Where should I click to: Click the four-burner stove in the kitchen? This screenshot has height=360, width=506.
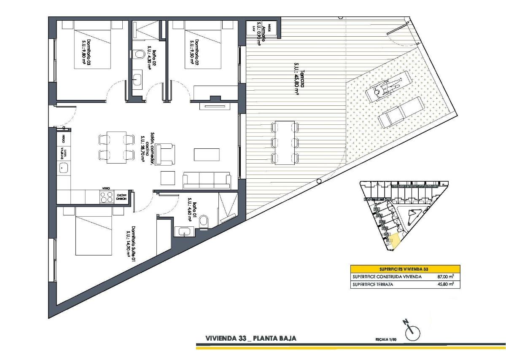click(x=107, y=196)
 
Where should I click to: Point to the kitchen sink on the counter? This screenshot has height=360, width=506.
click(x=64, y=168)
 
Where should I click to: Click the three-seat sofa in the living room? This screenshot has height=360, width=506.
click(x=207, y=180)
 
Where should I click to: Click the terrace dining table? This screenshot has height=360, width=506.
click(x=284, y=142)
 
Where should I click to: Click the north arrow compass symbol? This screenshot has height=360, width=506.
click(x=412, y=333)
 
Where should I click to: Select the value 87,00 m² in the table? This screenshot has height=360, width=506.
click(x=445, y=277)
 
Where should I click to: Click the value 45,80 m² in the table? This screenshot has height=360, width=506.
click(x=445, y=285)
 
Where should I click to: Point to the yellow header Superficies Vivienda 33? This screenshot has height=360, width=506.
click(x=405, y=269)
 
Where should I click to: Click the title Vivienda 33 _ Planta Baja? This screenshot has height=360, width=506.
click(x=250, y=338)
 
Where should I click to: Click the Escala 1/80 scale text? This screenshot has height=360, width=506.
click(x=386, y=339)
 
